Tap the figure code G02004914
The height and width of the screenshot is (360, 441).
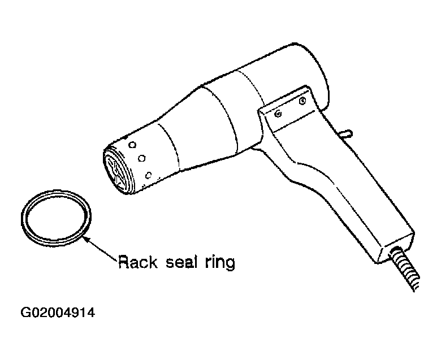(x=58, y=313)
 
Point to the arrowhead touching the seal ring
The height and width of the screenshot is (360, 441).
(x=86, y=240)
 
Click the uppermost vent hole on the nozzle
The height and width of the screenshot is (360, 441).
(x=132, y=145)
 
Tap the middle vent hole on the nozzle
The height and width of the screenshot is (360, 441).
(x=142, y=158)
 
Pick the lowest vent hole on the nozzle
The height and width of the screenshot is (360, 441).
(x=148, y=175)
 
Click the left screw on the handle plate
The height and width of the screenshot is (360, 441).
(x=278, y=114)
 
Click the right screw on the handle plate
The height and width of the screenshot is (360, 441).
(x=302, y=101)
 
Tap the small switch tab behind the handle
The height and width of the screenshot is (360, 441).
(x=347, y=133)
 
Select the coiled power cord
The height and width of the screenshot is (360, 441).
(x=404, y=268)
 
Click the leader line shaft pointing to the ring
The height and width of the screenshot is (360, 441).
(x=103, y=250)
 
